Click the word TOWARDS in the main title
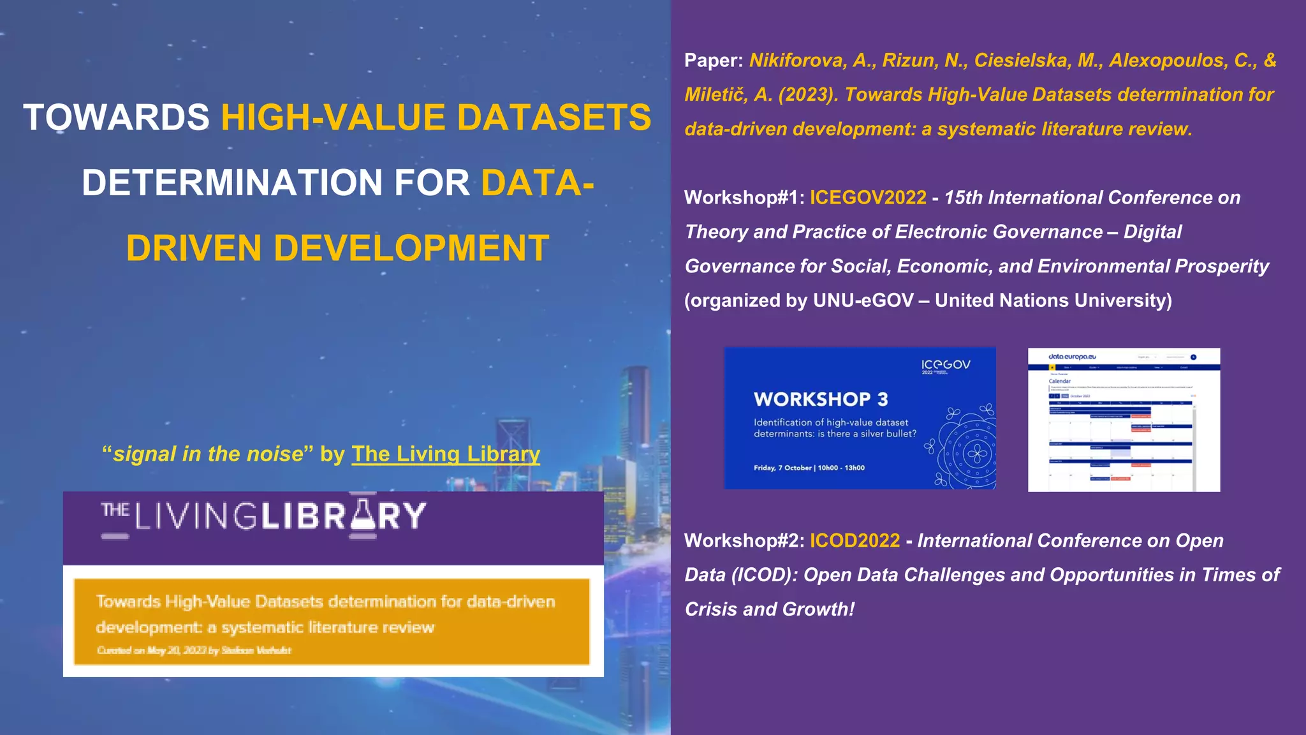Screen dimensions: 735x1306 [116, 118]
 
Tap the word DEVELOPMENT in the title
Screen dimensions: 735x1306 [411, 248]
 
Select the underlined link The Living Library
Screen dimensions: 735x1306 [446, 454]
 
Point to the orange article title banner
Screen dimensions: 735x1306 [332, 621]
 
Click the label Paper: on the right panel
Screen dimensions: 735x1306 [714, 61]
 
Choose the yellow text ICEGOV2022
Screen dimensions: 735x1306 [868, 198]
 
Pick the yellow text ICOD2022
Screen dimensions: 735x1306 [855, 541]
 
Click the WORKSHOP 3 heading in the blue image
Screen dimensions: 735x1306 [821, 399]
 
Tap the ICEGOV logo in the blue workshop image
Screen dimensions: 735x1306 [946, 365]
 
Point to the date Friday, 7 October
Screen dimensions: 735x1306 [782, 468]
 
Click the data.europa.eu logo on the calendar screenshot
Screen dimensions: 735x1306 [1072, 357]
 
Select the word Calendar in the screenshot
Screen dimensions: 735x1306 [1060, 382]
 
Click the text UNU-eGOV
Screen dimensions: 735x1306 [863, 301]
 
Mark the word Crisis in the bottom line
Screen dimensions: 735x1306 [711, 609]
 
